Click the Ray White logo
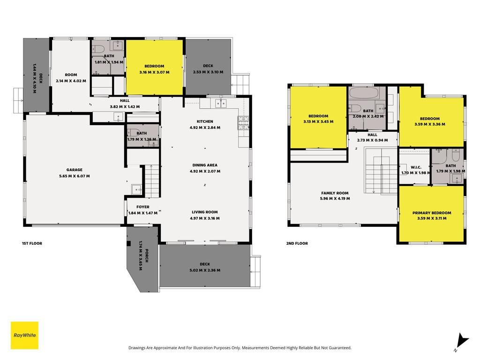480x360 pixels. [24, 335]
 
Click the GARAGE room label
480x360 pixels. [75, 170]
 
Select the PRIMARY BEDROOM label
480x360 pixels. [432, 213]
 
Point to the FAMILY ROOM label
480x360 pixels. [335, 193]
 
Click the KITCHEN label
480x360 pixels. [205, 121]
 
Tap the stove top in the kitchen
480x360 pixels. [243, 123]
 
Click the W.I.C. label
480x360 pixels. [416, 167]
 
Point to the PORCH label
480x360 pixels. [147, 255]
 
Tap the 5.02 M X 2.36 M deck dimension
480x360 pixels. [205, 270]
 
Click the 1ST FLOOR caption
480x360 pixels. [32, 243]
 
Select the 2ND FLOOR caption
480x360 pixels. [297, 243]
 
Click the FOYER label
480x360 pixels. [143, 207]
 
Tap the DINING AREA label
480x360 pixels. [205, 165]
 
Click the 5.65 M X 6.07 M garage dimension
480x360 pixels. [75, 176]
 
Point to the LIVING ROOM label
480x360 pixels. [205, 212]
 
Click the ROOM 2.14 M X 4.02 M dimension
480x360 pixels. [71, 81]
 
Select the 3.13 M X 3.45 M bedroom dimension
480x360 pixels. [318, 121]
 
